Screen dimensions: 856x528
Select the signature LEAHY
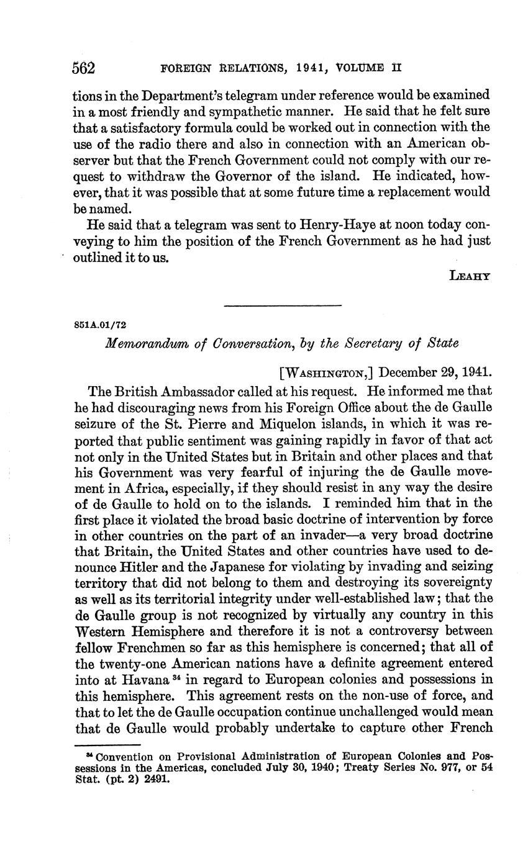pyautogui.click(x=470, y=276)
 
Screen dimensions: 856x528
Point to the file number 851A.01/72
pyautogui.click(x=101, y=324)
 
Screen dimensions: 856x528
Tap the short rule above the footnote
pyautogui.click(x=107, y=744)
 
